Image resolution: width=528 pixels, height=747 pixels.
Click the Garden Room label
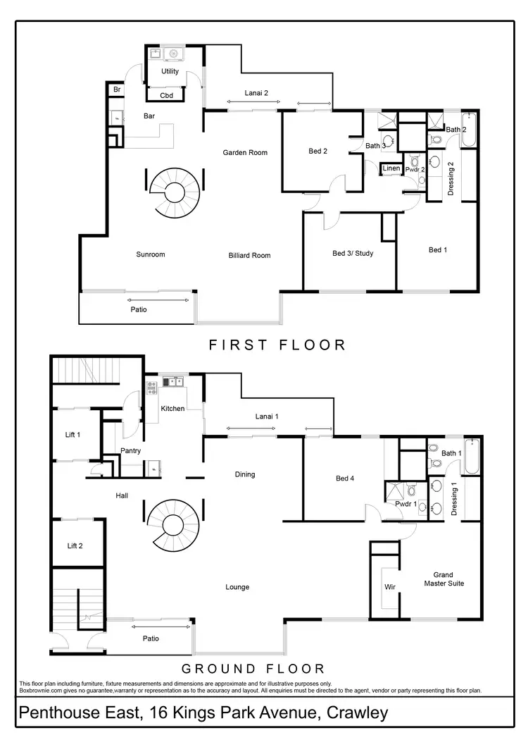(x=245, y=152)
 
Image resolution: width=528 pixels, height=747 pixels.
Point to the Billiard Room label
(x=249, y=255)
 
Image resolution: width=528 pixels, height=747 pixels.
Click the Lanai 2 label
(x=256, y=92)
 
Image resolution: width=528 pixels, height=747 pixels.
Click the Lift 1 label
(x=74, y=435)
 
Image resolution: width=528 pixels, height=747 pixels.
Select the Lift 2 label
(x=75, y=545)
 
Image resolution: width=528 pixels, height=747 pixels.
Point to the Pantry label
(x=130, y=451)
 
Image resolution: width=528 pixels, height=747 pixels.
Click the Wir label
(x=389, y=586)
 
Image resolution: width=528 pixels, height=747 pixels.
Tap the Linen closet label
(x=391, y=168)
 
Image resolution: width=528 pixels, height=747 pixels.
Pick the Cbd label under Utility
(x=167, y=95)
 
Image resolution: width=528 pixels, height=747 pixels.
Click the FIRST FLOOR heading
(x=277, y=345)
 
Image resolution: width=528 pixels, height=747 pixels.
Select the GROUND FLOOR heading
(x=253, y=669)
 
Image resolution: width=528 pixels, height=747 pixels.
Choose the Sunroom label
(x=151, y=254)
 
